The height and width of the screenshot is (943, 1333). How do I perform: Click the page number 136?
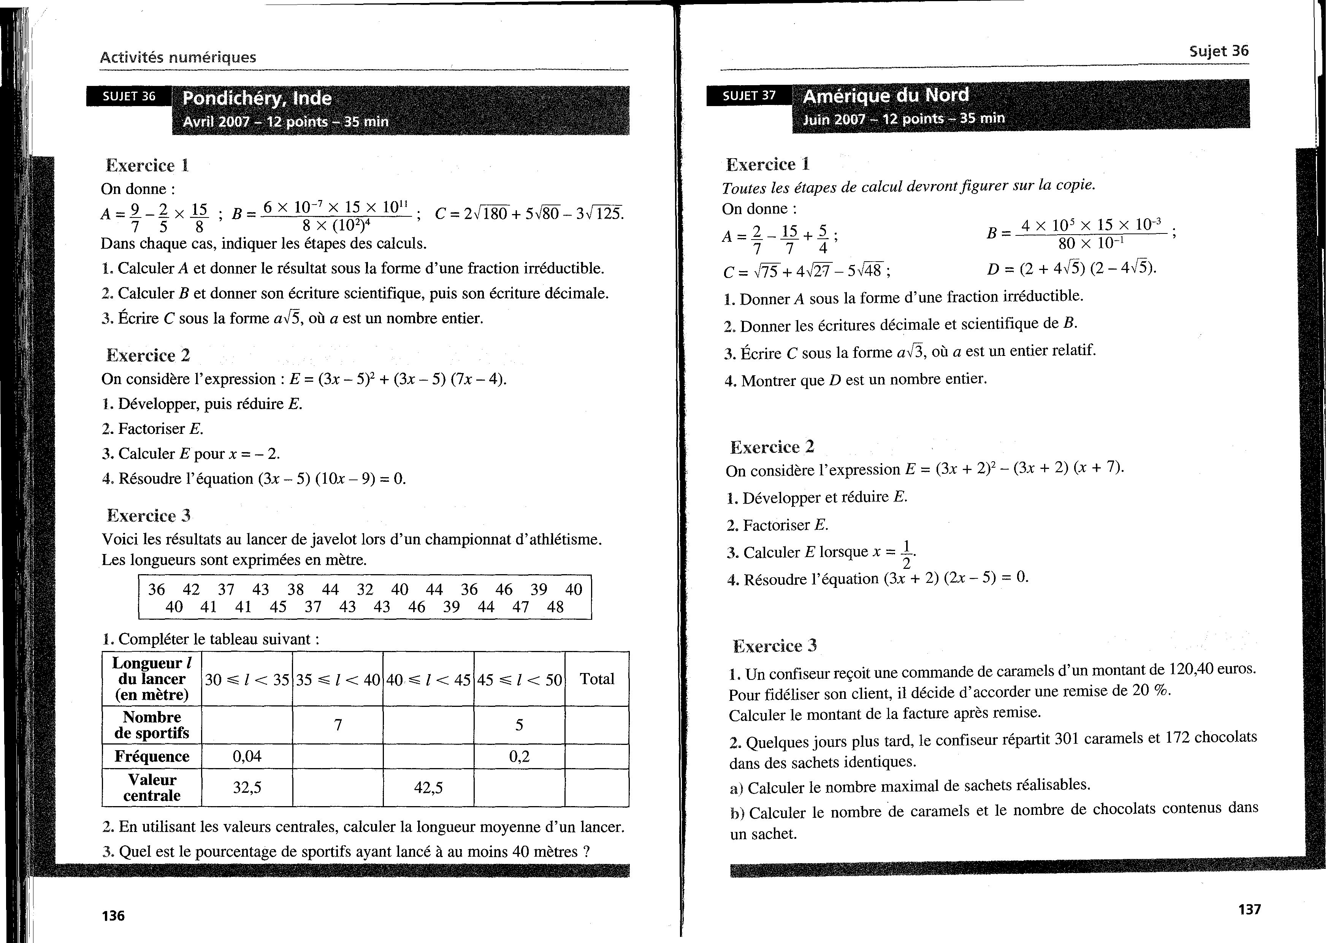pyautogui.click(x=113, y=916)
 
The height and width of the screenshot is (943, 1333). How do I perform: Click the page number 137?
pyautogui.click(x=1249, y=909)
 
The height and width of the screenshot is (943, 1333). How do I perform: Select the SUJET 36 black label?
pyautogui.click(x=129, y=96)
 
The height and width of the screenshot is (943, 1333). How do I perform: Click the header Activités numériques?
pyautogui.click(x=178, y=57)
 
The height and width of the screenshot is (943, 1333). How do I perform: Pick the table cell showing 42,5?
pyautogui.click(x=428, y=787)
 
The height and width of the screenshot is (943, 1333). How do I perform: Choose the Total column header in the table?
pyautogui.click(x=597, y=679)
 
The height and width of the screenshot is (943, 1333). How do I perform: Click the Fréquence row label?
pyautogui.click(x=152, y=756)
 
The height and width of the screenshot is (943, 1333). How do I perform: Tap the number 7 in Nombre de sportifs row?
pyautogui.click(x=338, y=725)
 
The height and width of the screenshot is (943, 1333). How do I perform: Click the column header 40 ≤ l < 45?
pyautogui.click(x=428, y=679)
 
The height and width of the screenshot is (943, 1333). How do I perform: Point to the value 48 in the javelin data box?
pyautogui.click(x=555, y=607)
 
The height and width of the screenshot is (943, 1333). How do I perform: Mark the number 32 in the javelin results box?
pyautogui.click(x=365, y=589)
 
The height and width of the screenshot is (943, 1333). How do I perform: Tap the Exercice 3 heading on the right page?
pyautogui.click(x=775, y=646)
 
